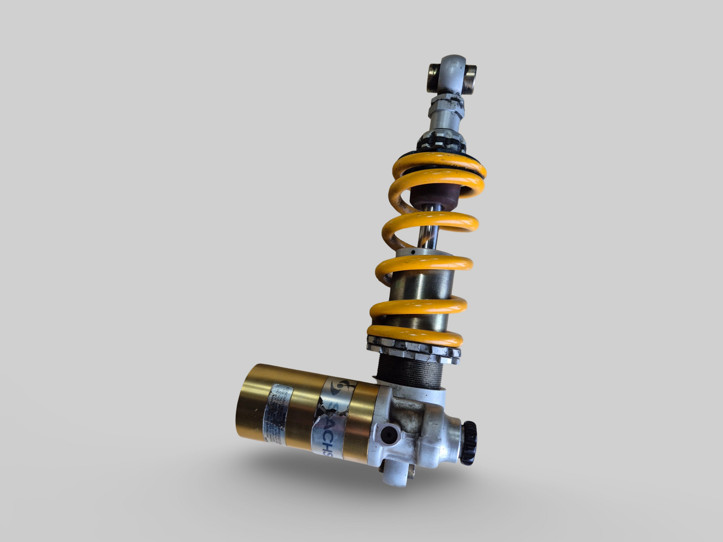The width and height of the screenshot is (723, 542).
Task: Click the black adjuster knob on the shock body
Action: (469, 436)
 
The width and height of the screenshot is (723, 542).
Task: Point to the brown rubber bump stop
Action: (433, 195)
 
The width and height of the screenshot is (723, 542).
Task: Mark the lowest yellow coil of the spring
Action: (413, 333)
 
